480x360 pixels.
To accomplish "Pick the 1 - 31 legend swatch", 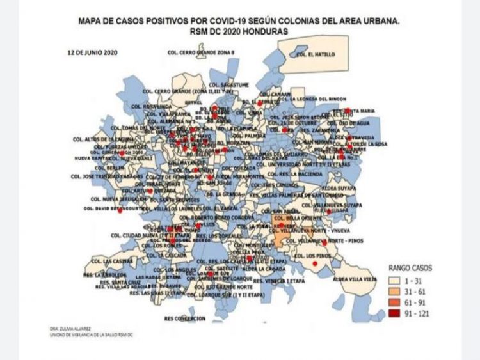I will [x=397, y=280].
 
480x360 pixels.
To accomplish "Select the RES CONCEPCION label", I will [x=186, y=318].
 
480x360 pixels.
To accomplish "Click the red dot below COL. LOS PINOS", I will [x=315, y=263].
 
